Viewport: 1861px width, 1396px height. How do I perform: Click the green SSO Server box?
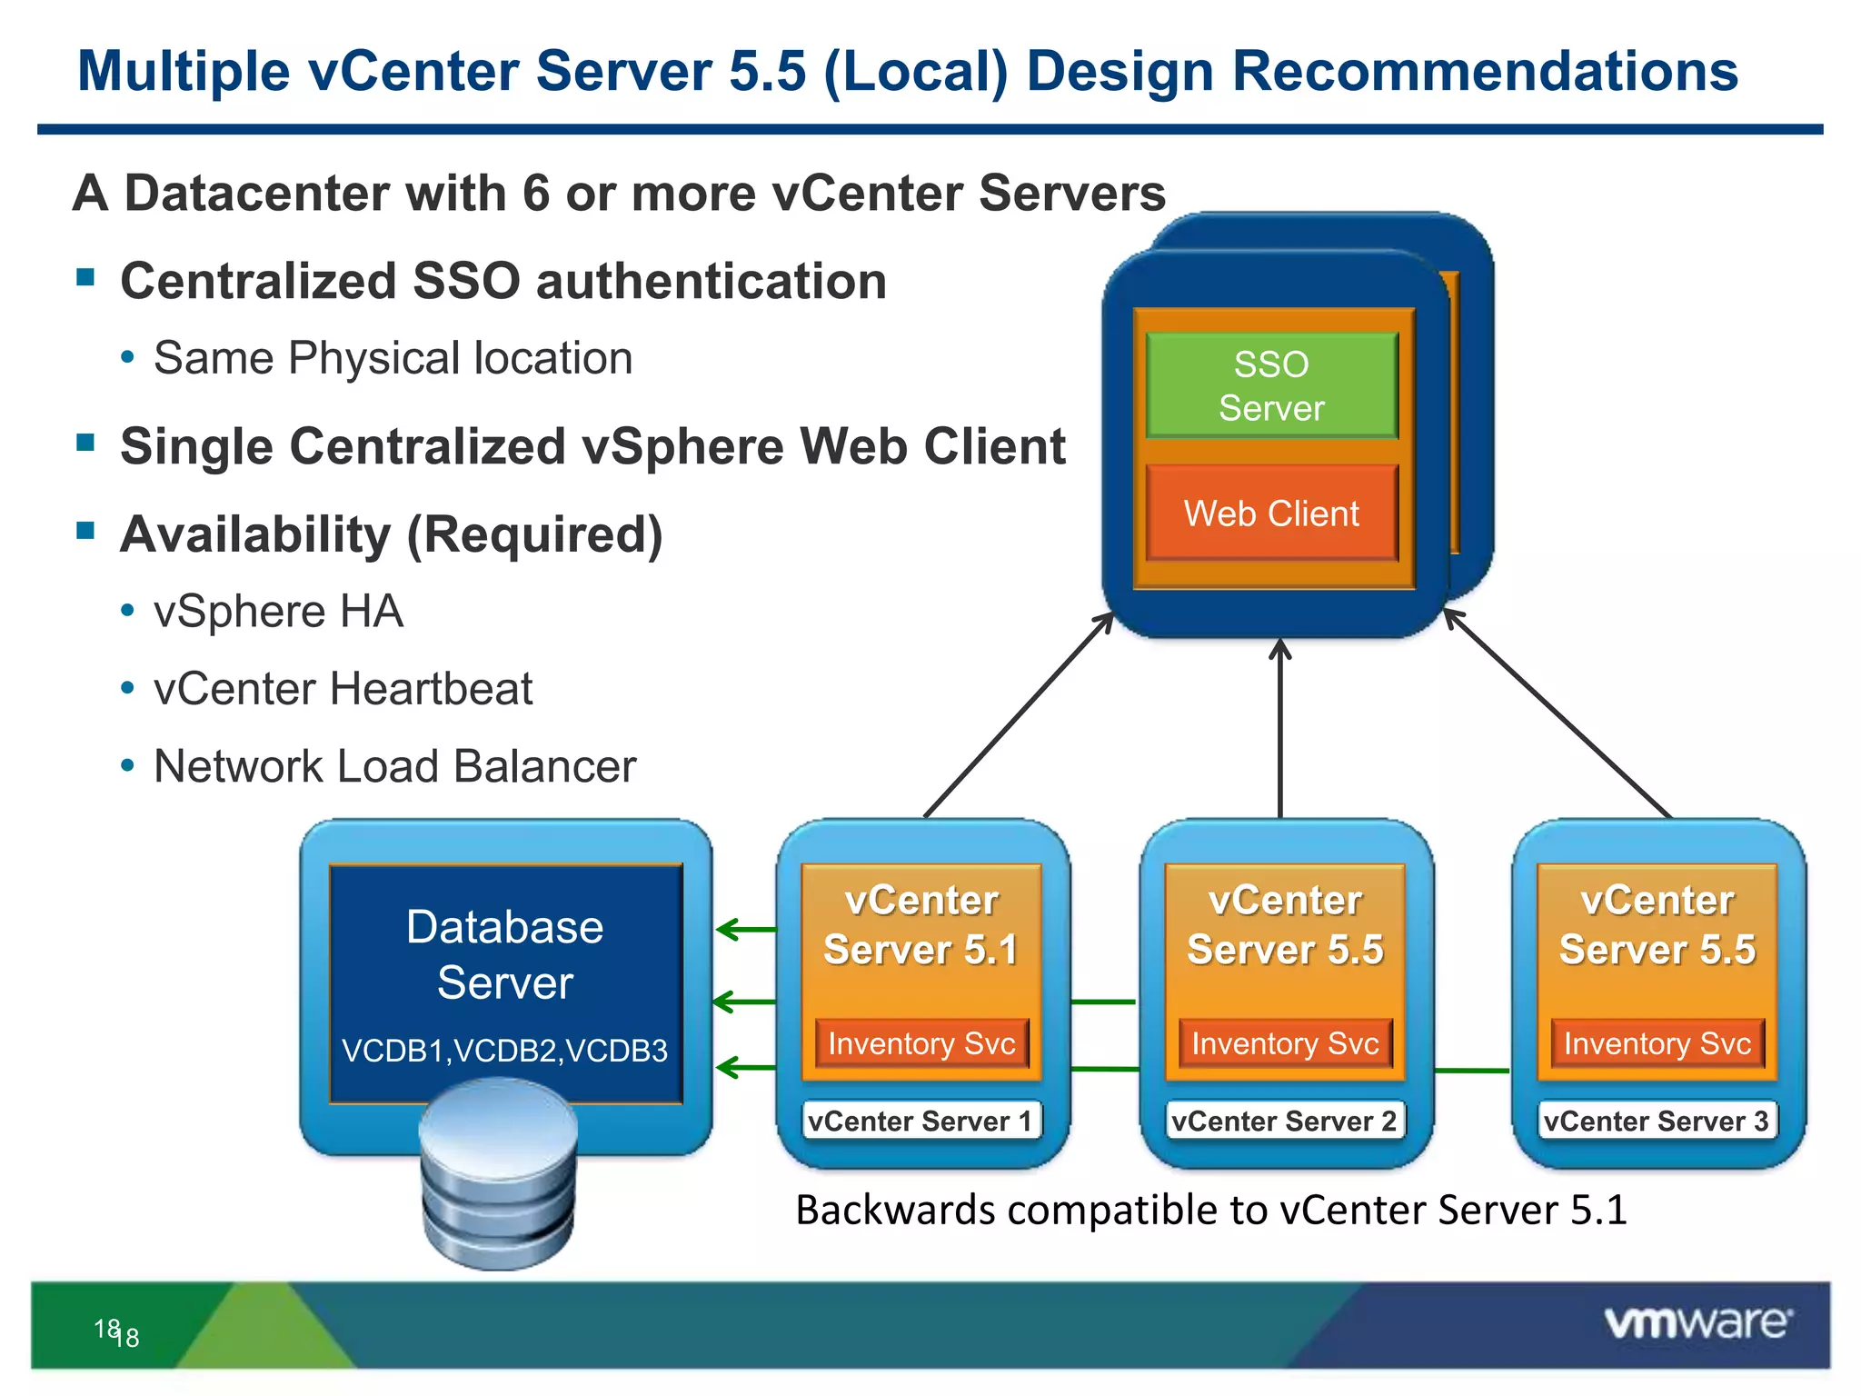1271,386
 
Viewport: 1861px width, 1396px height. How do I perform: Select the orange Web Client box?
1271,514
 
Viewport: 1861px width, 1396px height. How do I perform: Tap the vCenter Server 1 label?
921,1121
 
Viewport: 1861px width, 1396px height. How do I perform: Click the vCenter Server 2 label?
1284,1121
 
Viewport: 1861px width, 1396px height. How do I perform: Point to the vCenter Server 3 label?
1657,1121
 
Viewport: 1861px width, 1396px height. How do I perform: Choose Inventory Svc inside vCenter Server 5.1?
921,1043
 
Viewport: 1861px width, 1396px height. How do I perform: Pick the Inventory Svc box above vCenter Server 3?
1657,1043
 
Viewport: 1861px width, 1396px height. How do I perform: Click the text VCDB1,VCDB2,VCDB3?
504,1051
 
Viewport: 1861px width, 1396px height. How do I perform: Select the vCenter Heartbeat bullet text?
343,689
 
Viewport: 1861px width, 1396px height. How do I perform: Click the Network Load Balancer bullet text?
394,766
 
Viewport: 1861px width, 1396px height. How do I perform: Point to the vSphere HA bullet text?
278,612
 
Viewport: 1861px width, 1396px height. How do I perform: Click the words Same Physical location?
393,358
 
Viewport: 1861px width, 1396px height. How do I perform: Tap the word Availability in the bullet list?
254,534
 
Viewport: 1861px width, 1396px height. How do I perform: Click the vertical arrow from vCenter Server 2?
1279,727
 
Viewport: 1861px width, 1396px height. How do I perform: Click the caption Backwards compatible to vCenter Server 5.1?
1210,1211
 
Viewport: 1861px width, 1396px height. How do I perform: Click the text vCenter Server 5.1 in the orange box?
921,925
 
